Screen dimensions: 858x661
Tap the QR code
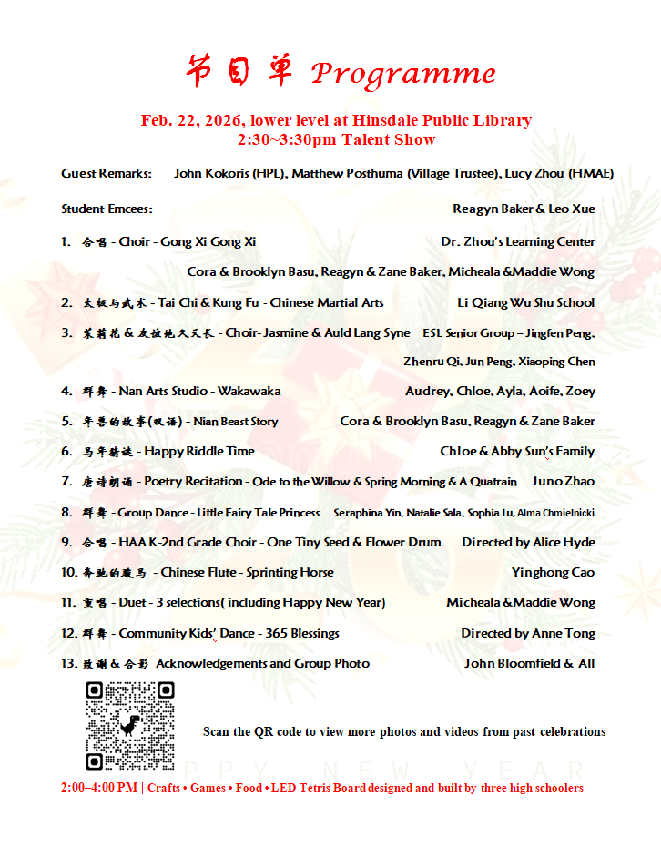[x=130, y=726]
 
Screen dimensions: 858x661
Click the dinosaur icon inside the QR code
[x=131, y=726]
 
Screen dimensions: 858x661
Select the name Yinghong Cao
[x=553, y=573]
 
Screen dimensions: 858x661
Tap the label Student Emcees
[x=107, y=209]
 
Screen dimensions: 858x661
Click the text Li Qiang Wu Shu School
[x=525, y=303]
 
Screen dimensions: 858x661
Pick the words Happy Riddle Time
[x=199, y=452]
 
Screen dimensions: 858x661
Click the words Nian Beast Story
[x=236, y=422]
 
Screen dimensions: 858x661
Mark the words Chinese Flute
[x=201, y=573]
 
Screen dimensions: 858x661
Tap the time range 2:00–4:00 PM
[x=99, y=788]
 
